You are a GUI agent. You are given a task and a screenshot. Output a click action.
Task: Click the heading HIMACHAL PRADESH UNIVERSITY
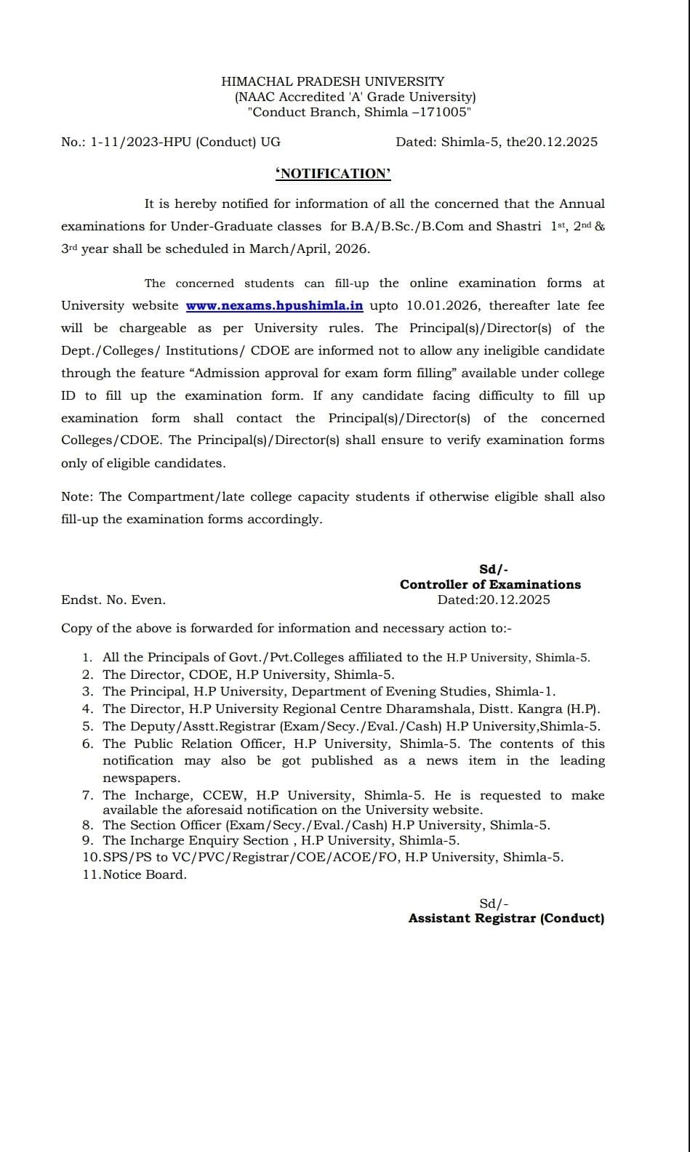point(332,81)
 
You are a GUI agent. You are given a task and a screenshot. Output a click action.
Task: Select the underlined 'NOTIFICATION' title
point(333,173)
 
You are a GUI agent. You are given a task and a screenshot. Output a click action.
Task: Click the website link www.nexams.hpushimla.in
point(274,306)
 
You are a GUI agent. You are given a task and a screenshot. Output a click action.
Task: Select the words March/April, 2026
point(309,249)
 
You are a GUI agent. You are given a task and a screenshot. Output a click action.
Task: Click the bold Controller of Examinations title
point(490,584)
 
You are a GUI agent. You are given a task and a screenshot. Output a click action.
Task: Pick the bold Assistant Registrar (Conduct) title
point(506,918)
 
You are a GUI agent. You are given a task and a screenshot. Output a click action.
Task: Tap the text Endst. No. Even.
point(113,600)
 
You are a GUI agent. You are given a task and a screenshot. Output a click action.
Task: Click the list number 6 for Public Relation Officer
point(87,744)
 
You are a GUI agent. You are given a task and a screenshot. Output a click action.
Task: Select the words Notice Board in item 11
point(145,874)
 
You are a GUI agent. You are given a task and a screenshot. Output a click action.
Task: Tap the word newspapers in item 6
point(140,778)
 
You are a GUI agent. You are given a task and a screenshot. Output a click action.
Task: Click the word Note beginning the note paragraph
point(76,497)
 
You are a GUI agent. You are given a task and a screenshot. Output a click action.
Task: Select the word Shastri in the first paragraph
point(518,226)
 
